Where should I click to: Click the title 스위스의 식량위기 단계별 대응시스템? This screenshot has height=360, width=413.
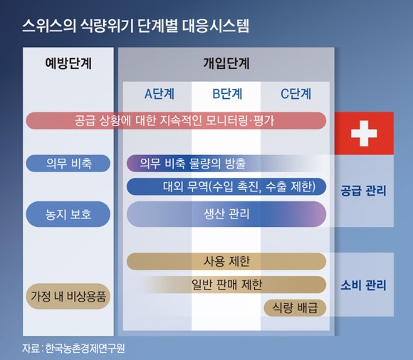point(135,26)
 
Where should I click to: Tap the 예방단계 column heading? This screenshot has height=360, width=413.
point(68,63)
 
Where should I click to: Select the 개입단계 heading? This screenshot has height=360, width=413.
point(226,63)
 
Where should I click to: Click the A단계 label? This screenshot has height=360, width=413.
point(160,94)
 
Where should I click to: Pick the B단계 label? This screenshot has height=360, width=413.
point(227,94)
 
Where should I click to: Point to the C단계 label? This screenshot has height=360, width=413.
point(296,94)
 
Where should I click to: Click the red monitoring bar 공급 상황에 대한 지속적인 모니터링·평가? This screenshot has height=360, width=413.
point(176,121)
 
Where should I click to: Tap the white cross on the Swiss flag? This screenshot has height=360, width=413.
point(364,134)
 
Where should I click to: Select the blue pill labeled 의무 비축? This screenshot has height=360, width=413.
point(68,164)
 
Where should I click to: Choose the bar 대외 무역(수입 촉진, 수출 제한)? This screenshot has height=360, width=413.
point(226,186)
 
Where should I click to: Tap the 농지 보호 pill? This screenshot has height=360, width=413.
point(68,214)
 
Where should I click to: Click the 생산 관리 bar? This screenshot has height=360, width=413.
point(226,214)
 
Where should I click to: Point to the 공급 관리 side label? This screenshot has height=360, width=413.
point(363,191)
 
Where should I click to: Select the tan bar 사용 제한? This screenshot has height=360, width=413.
point(226,261)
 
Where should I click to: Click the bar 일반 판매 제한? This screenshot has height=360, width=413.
point(233,285)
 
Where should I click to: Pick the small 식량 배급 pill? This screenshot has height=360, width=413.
point(295,307)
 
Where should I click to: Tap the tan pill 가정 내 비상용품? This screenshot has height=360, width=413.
point(68,296)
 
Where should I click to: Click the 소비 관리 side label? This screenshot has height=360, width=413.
point(363,285)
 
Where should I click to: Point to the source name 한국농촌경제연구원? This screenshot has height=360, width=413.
point(85,348)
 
